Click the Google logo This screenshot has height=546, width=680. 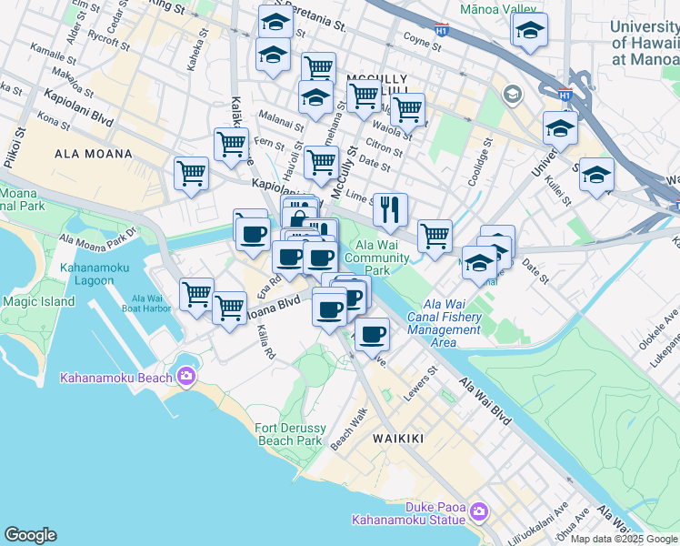pos(30,535)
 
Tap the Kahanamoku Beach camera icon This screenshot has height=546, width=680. pos(186,376)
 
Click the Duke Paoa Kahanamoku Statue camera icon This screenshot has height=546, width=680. pos(479,514)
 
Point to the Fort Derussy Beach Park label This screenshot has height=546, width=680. pos(289,434)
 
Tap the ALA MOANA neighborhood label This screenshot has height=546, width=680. pos(94,154)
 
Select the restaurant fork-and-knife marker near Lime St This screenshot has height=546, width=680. pos(390,210)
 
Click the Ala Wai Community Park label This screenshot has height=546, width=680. pos(383,258)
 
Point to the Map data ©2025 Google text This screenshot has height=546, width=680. pos(624,539)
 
